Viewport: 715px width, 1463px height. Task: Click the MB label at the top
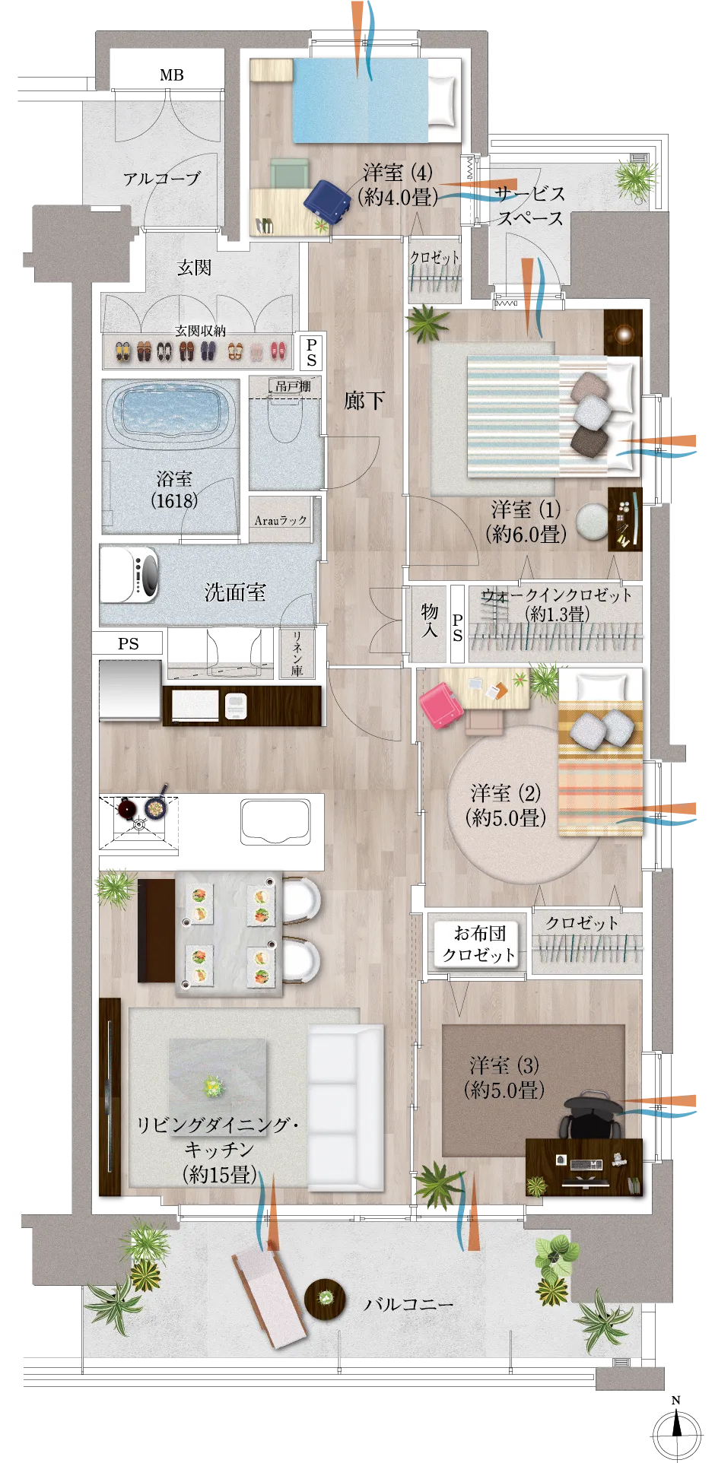pyautogui.click(x=172, y=75)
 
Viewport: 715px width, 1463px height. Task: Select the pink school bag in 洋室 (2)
pyautogui.click(x=441, y=705)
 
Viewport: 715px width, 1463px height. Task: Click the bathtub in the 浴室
pyautogui.click(x=172, y=411)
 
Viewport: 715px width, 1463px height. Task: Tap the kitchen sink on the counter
pyautogui.click(x=275, y=821)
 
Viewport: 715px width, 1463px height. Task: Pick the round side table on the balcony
pyautogui.click(x=326, y=1297)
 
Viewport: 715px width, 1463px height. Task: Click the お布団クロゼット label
pyautogui.click(x=479, y=944)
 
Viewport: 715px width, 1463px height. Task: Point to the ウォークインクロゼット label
pyautogui.click(x=557, y=596)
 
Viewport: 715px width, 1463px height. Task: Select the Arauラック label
pyautogui.click(x=281, y=520)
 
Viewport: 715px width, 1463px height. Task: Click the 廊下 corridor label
pyautogui.click(x=364, y=400)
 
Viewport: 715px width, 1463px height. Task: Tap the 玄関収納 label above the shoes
pyautogui.click(x=200, y=331)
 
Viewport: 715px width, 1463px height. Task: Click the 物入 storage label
pyautogui.click(x=430, y=620)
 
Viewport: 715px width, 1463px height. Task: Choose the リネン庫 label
pyautogui.click(x=297, y=652)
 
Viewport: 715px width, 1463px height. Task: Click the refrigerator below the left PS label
pyautogui.click(x=130, y=689)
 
